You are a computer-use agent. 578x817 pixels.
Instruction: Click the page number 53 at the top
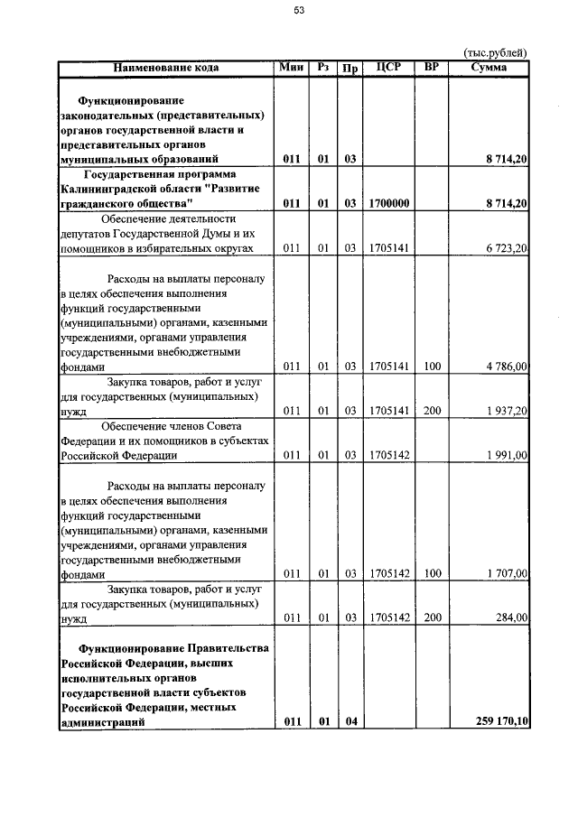click(x=299, y=11)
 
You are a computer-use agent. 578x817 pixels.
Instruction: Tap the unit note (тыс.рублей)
click(x=494, y=52)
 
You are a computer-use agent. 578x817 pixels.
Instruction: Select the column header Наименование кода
click(x=166, y=68)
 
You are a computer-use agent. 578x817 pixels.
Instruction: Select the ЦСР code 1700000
click(x=388, y=204)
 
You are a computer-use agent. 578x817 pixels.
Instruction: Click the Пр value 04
click(x=351, y=721)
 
